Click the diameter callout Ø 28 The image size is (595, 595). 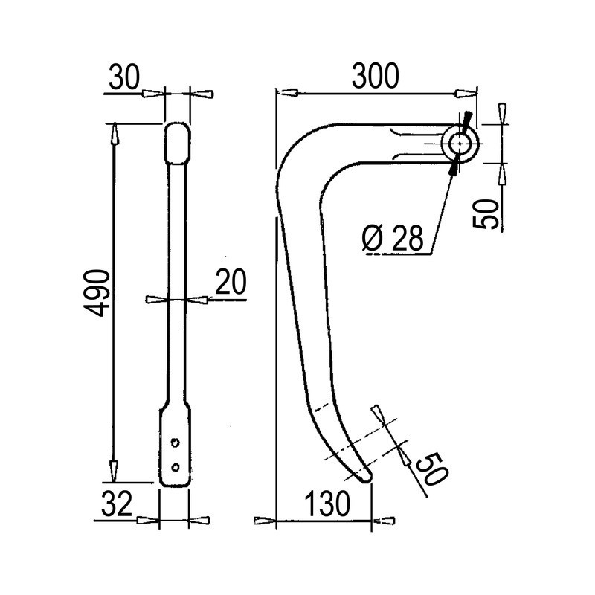tap(394, 238)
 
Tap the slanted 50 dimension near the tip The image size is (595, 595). tap(427, 469)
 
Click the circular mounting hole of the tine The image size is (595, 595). tap(460, 143)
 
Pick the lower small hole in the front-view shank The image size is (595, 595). tap(175, 466)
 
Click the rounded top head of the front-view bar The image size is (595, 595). tap(176, 142)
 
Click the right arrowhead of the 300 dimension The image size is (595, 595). tap(466, 93)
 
